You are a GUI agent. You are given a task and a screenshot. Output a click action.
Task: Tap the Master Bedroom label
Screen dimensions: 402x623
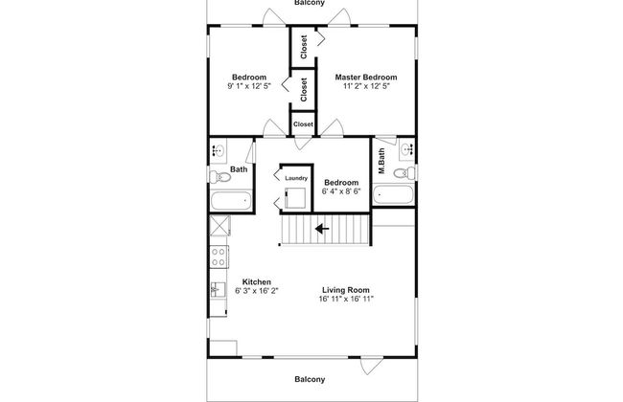[365, 77]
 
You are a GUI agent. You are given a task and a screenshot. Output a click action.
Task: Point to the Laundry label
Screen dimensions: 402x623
[296, 177]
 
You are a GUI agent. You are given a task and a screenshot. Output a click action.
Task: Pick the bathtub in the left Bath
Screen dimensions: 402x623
[231, 201]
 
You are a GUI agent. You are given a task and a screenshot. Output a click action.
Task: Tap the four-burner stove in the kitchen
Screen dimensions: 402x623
[219, 257]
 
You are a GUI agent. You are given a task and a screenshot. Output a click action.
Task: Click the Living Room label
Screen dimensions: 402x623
[345, 290]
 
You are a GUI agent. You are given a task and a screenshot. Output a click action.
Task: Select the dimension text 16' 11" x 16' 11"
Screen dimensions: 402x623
[345, 300]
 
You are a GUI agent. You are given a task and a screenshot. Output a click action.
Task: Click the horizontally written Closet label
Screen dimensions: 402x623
[303, 124]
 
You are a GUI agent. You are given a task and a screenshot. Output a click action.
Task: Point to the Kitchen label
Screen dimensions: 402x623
[255, 281]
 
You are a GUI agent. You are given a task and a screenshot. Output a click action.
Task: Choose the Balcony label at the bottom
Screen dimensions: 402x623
[310, 379]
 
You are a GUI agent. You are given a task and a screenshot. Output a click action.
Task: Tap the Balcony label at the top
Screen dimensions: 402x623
[310, 4]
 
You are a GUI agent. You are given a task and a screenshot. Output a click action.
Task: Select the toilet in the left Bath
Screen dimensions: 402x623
[219, 175]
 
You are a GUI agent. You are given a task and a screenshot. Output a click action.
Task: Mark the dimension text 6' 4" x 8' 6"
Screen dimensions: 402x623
[341, 192]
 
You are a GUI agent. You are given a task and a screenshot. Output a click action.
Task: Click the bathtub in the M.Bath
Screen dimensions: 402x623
[393, 196]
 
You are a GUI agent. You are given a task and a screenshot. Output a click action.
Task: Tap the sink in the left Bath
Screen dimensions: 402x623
[219, 149]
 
